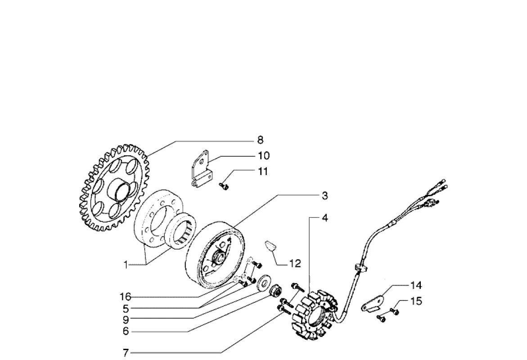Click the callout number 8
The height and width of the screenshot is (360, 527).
pos(260,140)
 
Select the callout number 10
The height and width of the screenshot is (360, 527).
pos(263,156)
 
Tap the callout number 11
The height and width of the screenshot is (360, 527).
pos(263,171)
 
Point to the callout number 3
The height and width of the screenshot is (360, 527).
pos(324,196)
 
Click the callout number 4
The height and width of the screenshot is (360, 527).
pos(324,218)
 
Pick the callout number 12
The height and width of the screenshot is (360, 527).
pos(295,264)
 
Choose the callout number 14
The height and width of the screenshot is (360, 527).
pos(416,285)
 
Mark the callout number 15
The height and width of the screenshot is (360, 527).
pos(417,301)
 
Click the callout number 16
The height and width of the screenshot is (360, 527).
pos(125,297)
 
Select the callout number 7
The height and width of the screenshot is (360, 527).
pos(126,353)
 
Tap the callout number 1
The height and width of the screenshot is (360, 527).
pos(126,265)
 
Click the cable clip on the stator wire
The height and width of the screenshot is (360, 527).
pos(360,268)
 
